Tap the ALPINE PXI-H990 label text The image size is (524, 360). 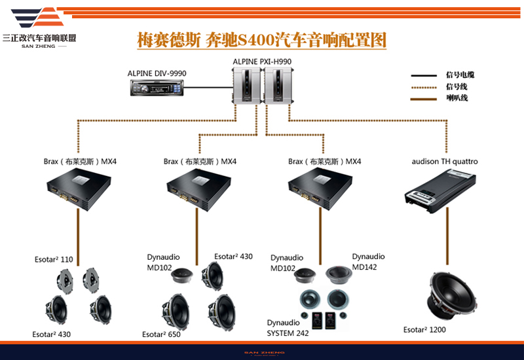pos(262,62)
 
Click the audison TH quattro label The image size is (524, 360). pos(445,161)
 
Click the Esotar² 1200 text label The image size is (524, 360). pos(424,330)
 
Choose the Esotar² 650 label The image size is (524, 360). pos(161,334)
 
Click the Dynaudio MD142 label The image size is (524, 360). pos(368,261)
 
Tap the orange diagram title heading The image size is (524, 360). pos(261,40)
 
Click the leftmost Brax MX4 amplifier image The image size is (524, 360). pos(79,189)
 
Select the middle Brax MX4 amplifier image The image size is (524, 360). pos(200,189)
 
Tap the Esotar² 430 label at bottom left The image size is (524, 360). pos(51,334)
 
